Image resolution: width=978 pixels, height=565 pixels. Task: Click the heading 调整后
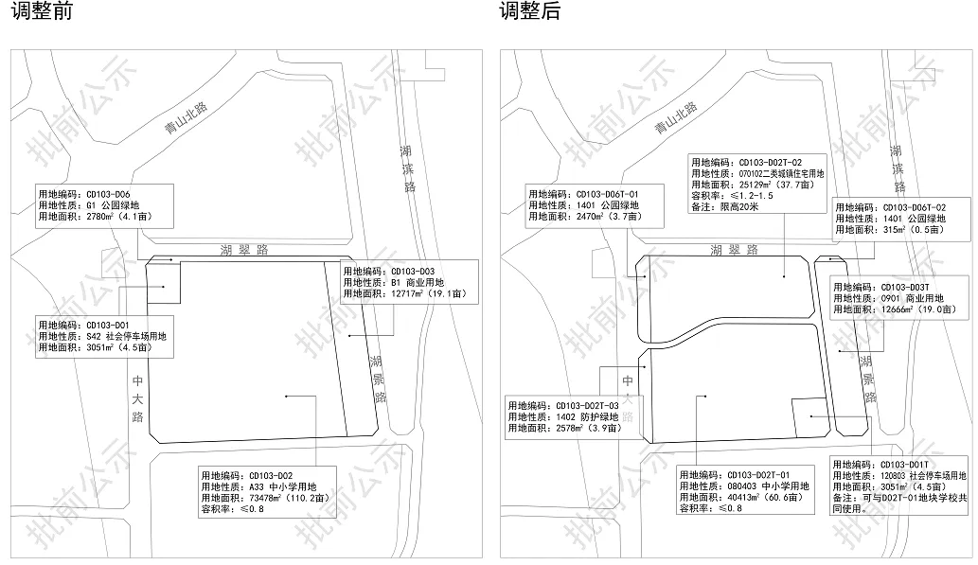click(530, 12)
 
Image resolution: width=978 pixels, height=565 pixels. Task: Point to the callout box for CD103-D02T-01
click(746, 491)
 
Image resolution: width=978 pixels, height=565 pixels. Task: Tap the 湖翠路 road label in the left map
click(242, 250)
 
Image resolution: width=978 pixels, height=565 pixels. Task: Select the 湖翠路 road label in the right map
click(734, 250)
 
